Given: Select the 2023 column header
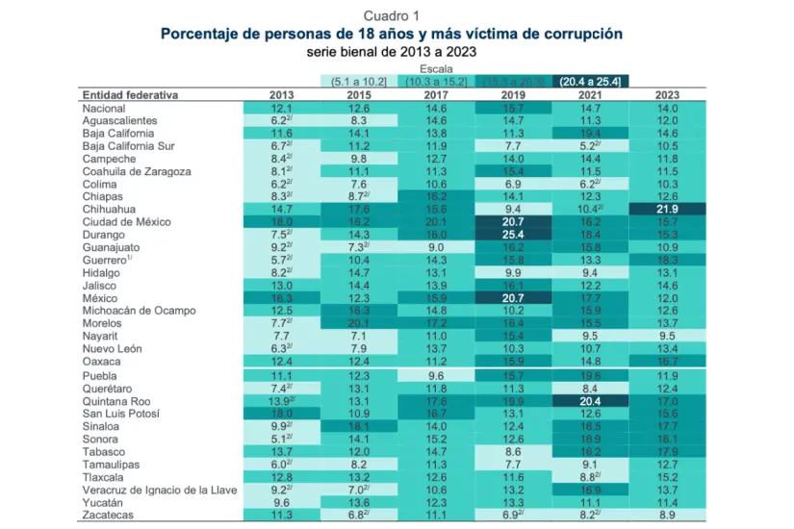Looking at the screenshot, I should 667,95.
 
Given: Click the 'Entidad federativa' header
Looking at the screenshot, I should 130,95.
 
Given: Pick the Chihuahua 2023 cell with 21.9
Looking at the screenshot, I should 667,209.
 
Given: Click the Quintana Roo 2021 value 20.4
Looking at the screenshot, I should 590,401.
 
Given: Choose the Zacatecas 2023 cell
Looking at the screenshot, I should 667,515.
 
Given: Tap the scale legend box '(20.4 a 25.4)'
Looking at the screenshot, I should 591,82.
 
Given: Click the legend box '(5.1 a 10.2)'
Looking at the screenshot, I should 359,82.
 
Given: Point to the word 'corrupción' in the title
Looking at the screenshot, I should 573,34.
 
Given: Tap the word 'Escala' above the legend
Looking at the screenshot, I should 437,69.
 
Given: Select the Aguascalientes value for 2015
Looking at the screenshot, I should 359,121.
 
